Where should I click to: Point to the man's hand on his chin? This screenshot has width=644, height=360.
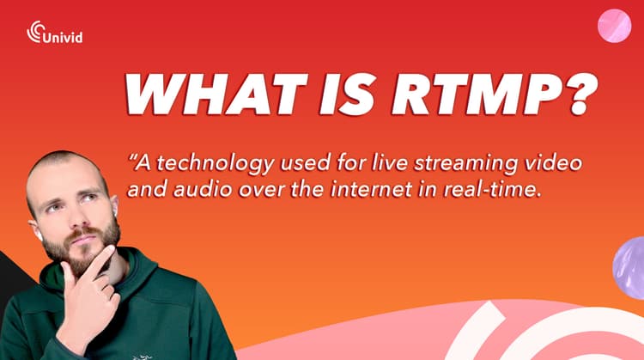(93, 290)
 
